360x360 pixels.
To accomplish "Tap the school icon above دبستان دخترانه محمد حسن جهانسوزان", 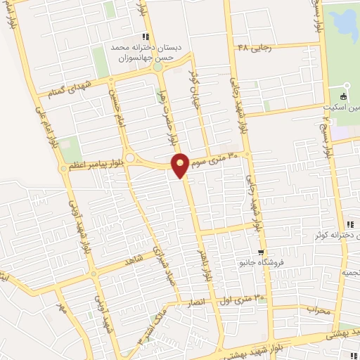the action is coord(145,37).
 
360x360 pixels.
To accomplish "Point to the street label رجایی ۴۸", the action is coord(253,47).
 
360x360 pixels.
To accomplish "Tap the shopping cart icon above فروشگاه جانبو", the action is coord(261,252).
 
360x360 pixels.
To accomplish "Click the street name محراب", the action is coord(318,309).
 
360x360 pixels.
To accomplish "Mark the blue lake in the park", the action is coord(345,25).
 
